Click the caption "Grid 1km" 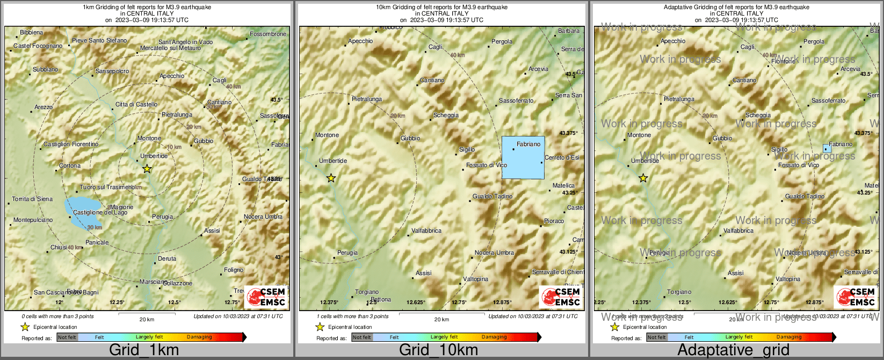point(144,350)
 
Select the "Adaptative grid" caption point(733,350)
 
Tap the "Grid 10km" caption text point(438,350)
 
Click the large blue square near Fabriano point(523,157)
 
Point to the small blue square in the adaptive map point(827,148)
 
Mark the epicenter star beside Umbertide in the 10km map point(331,178)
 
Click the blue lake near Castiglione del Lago point(81,211)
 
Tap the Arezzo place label point(44,107)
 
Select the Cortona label point(70,166)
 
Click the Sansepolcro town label point(112,71)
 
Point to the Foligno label point(234,270)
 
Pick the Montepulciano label point(33,220)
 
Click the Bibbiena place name point(31,33)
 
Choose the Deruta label point(167,259)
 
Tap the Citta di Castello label point(136,105)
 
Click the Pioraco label point(554,221)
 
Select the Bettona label point(381,300)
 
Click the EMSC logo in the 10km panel point(561,297)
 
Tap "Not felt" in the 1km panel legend point(67,337)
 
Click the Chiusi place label point(59,248)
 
